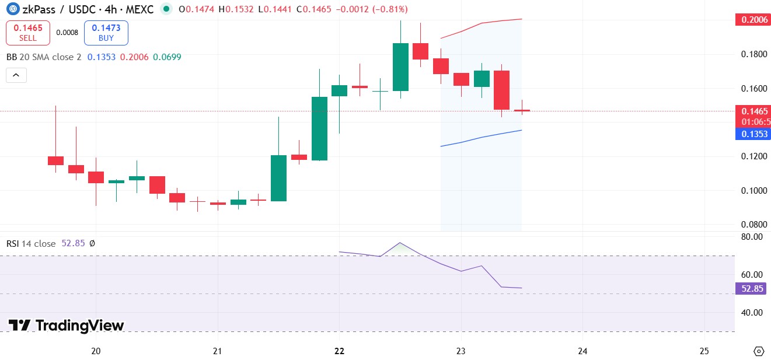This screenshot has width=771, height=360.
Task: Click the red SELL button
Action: coord(27,33)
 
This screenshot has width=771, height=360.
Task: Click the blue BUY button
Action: coord(106,33)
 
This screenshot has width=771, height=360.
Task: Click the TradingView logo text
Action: coord(67,326)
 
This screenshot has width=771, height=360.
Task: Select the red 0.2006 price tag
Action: coord(752,20)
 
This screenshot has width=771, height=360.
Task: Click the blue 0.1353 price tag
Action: coord(752,134)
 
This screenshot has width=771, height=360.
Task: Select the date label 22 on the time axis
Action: coord(339,351)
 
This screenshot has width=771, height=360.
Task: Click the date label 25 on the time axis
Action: coord(704,351)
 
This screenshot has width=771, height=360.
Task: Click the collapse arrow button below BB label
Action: coord(16,75)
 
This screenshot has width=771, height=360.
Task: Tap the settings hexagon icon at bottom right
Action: coord(759,351)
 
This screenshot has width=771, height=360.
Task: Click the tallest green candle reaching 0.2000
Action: coord(400,67)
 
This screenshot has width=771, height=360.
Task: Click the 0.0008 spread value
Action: coord(67,33)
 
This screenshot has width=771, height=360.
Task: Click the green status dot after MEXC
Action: coord(167,9)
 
